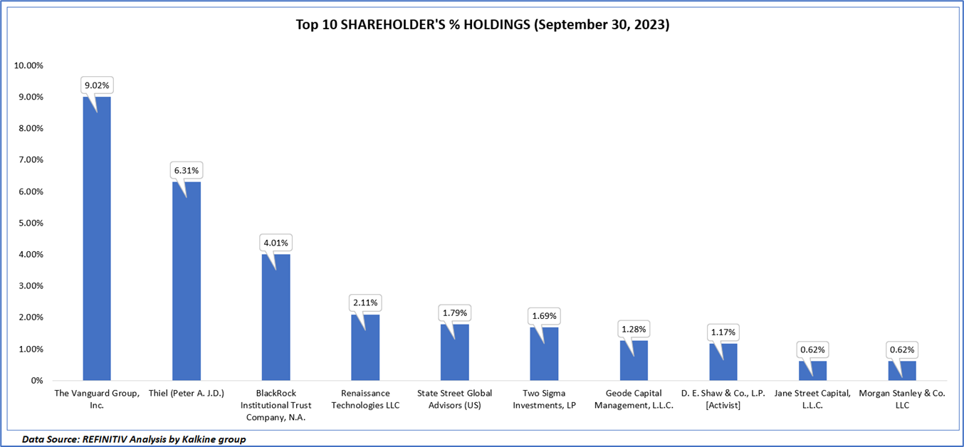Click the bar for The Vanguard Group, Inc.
tap(97, 238)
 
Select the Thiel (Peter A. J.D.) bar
tap(186, 281)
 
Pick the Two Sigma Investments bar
tap(544, 354)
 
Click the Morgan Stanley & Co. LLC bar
tap(902, 371)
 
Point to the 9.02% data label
tap(97, 85)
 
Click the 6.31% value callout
tap(186, 171)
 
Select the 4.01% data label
tap(276, 243)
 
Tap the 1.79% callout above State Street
tap(454, 312)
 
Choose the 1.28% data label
tap(634, 329)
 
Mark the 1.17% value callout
tap(723, 332)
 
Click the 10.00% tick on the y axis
tap(28, 65)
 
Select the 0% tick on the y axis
tap(36, 381)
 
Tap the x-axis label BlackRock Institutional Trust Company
tap(276, 405)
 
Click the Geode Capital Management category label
tap(634, 399)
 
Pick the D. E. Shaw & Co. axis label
tap(723, 399)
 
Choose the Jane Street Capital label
tap(812, 399)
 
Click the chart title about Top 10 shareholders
tap(483, 25)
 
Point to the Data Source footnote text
tap(134, 439)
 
